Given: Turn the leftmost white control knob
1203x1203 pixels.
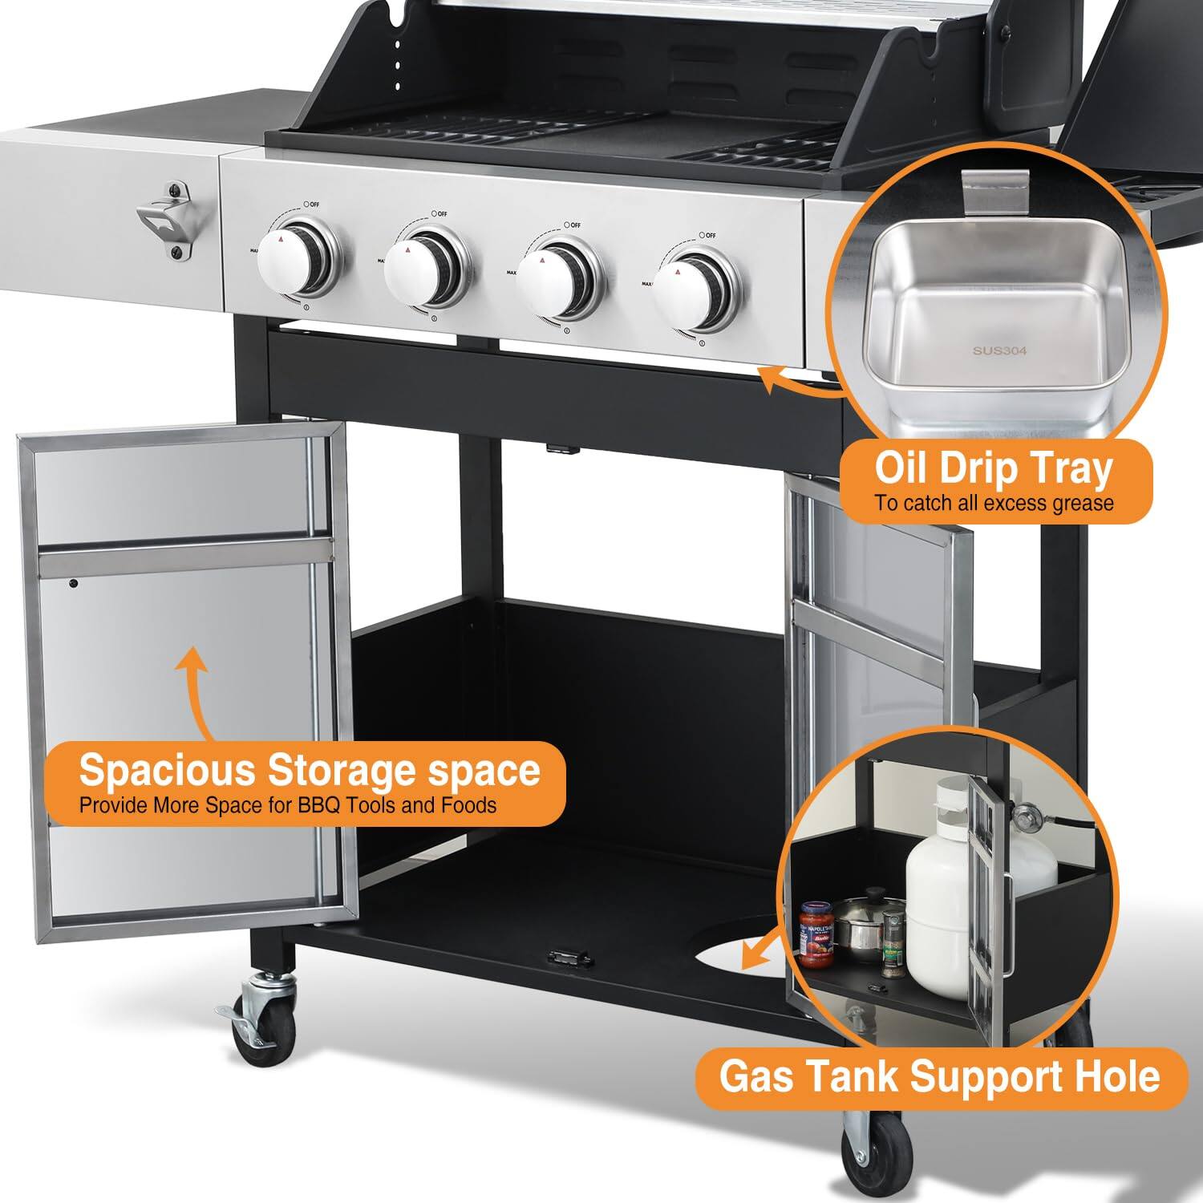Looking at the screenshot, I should tap(294, 266).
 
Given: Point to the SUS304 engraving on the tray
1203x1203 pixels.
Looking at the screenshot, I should tap(998, 350).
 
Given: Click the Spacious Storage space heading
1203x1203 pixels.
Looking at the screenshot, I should tap(310, 771).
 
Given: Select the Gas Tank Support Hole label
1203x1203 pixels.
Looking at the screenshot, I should tap(939, 1076).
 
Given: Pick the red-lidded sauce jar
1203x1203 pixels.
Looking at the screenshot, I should tap(817, 934).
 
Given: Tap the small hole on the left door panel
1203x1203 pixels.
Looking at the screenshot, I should tap(73, 583).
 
